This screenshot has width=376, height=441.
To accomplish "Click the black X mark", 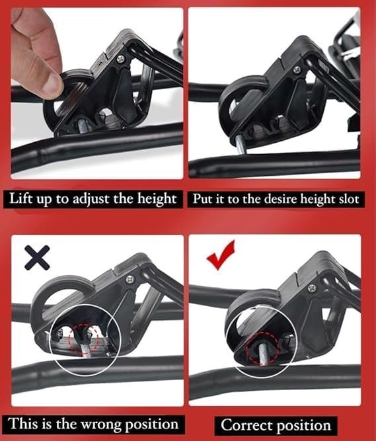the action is pyautogui.click(x=38, y=257).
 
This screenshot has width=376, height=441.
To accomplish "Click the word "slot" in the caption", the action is pyautogui.click(x=350, y=199).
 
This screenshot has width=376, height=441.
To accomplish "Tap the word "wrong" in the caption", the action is pyautogui.click(x=102, y=424).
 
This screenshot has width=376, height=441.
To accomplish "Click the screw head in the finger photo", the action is pyautogui.click(x=121, y=59).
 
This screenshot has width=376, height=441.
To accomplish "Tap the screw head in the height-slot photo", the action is pyautogui.click(x=297, y=69).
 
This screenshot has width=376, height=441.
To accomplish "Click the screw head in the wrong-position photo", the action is pyautogui.click(x=130, y=279).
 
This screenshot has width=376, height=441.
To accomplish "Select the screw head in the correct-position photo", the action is pyautogui.click(x=312, y=288).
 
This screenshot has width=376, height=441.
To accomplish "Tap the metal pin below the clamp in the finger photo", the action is pyautogui.click(x=82, y=125).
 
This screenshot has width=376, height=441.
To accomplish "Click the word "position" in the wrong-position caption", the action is pyautogui.click(x=152, y=424).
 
